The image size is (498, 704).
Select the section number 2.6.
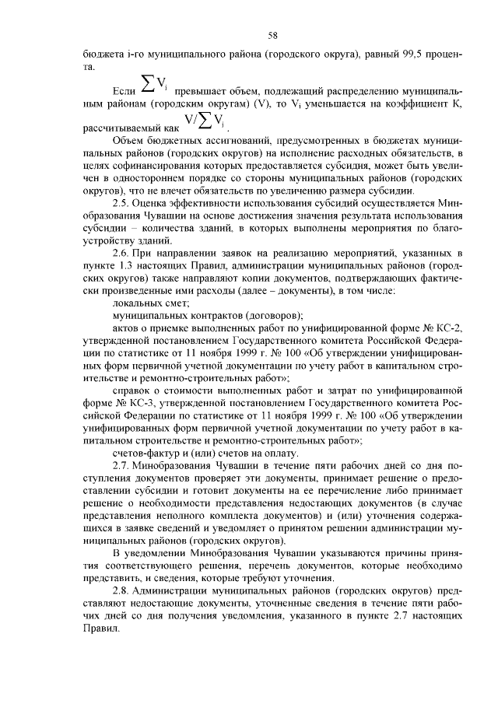(122, 254)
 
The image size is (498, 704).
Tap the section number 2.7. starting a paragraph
(122, 465)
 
